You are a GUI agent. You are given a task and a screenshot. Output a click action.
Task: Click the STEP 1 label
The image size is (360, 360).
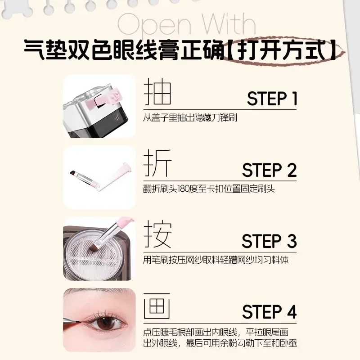(x=272, y=98)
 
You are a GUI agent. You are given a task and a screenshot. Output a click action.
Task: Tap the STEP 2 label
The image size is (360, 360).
(x=269, y=171)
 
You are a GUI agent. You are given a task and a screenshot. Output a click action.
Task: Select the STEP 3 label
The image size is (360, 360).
(x=269, y=241)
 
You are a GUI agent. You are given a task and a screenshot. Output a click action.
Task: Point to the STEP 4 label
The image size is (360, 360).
(x=269, y=312)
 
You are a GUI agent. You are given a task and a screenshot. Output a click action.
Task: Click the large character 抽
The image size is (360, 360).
(x=157, y=93)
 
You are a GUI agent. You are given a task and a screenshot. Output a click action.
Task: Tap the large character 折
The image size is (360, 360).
(x=157, y=164)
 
